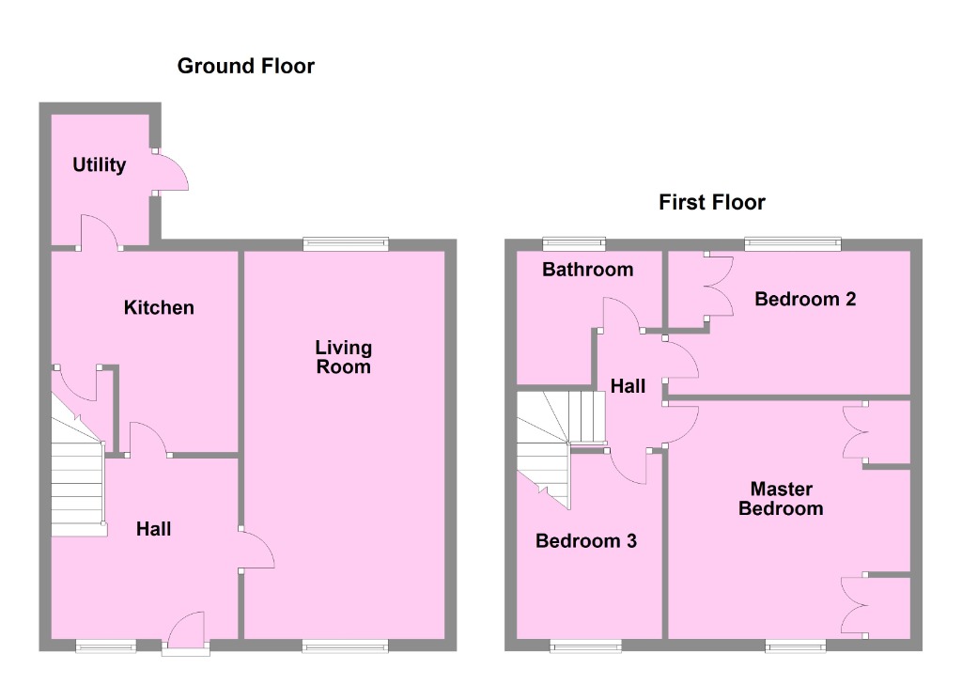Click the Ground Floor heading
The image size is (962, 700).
pyautogui.click(x=245, y=66)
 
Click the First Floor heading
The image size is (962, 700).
pyautogui.click(x=711, y=202)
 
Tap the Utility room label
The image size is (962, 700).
pyautogui.click(x=100, y=165)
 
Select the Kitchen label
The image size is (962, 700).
pyautogui.click(x=159, y=307)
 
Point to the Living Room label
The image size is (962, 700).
pyautogui.click(x=343, y=357)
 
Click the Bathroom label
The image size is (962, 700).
pyautogui.click(x=588, y=270)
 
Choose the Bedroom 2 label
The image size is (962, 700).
pyautogui.click(x=805, y=299)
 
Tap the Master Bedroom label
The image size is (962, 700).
pyautogui.click(x=781, y=499)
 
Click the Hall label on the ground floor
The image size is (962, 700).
pyautogui.click(x=153, y=529)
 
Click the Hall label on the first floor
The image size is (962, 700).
pyautogui.click(x=628, y=385)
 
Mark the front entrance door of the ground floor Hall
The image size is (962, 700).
pyautogui.click(x=186, y=631)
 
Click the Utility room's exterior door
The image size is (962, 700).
pyautogui.click(x=172, y=171)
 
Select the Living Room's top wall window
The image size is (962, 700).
pyautogui.click(x=346, y=244)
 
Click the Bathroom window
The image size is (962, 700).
pyautogui.click(x=574, y=244)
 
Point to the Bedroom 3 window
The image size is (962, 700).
pyautogui.click(x=585, y=646)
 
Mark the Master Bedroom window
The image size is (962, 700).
pyautogui.click(x=796, y=646)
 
